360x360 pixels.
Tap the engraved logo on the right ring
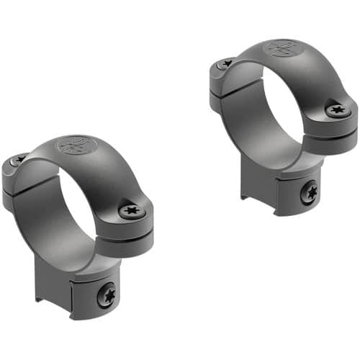(x=282, y=49)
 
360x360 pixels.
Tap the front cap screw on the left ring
(x=132, y=211)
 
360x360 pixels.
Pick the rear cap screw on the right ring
(x=225, y=64)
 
